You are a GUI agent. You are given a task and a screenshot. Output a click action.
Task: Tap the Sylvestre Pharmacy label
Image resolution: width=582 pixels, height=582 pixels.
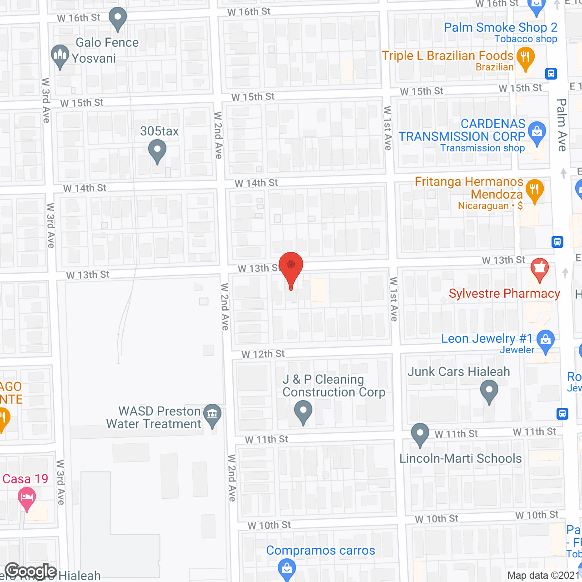(504, 294)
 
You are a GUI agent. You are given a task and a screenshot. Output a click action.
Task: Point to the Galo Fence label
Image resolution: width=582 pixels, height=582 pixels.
(107, 43)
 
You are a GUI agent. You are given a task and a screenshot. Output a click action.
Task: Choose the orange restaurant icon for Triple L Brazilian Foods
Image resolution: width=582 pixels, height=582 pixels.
(526, 58)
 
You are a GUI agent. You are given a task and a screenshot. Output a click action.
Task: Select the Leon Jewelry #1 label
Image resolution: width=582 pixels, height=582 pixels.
(487, 339)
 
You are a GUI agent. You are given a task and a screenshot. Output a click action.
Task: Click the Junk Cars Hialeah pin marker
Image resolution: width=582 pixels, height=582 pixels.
(489, 391)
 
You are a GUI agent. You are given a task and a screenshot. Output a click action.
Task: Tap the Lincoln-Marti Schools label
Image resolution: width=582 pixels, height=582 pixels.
(461, 458)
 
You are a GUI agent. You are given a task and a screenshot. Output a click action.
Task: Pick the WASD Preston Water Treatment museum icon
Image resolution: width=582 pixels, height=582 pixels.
(212, 414)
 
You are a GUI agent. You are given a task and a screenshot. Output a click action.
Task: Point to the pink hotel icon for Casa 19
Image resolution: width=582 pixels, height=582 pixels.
(27, 497)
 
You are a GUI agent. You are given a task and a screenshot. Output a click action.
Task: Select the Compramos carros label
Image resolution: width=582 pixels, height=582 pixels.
(321, 551)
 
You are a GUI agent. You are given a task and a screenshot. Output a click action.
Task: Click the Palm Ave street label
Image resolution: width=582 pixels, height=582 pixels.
(562, 125)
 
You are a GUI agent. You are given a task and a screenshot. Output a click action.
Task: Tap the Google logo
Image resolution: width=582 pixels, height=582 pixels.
(30, 571)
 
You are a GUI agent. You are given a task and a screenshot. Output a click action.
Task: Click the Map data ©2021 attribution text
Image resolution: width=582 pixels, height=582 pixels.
(544, 576)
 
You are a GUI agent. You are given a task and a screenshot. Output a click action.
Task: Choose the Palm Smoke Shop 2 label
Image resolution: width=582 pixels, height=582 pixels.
(500, 28)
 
